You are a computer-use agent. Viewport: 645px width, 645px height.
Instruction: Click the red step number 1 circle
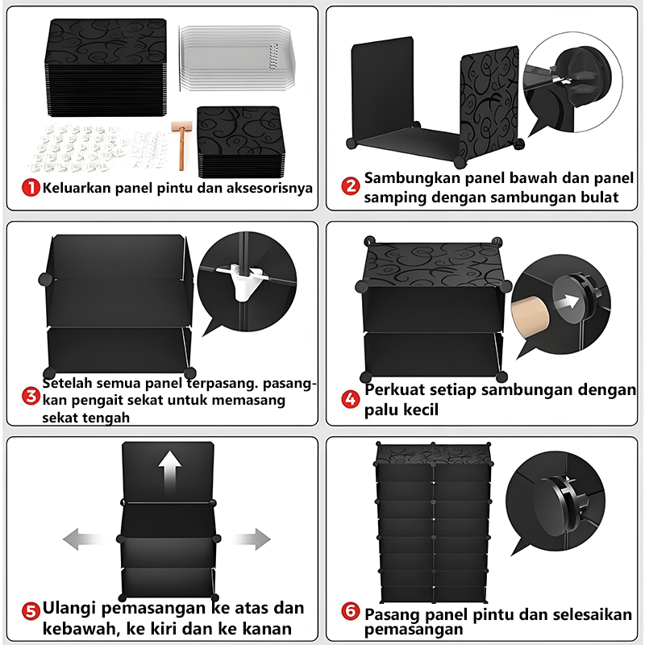pos(31,189)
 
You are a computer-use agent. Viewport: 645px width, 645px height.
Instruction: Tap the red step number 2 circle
pos(351,186)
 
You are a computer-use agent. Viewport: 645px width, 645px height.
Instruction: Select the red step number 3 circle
pos(31,396)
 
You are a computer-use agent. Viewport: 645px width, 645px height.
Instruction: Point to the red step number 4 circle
pos(351,399)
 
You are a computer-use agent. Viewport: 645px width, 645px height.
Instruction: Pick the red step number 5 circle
pos(31,610)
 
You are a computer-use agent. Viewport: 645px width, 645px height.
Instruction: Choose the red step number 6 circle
pos(351,612)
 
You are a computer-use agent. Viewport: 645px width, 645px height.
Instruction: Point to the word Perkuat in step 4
pos(397,390)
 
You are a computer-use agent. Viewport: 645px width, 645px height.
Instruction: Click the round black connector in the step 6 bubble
pos(560,493)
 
